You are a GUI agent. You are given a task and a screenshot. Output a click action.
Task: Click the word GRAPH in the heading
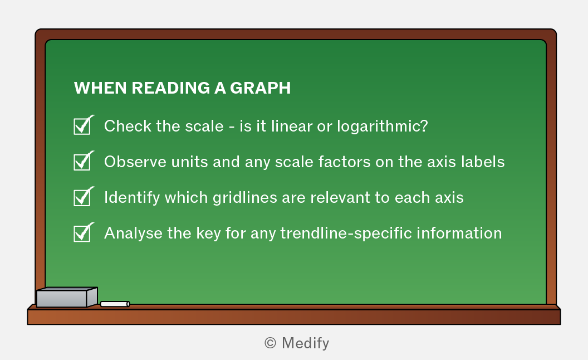tap(260, 88)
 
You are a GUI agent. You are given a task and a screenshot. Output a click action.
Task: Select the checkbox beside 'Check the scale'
tap(82, 126)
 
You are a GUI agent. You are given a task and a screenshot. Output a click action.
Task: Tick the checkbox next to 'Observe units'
tap(82, 162)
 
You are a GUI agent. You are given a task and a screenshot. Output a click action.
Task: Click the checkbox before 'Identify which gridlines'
tap(82, 197)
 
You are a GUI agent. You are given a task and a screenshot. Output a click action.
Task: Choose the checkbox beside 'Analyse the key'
tap(82, 233)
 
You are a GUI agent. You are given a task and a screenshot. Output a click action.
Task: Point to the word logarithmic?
tap(383, 127)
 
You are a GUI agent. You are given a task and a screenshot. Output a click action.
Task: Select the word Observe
tap(135, 162)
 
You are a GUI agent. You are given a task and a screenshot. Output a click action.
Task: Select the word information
tap(459, 233)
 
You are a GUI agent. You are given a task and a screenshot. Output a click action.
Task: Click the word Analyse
tap(133, 233)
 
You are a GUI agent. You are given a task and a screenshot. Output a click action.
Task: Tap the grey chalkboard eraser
tap(67, 297)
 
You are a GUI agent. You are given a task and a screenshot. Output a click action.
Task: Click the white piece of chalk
tap(115, 304)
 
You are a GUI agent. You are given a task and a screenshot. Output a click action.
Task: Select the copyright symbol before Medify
tap(271, 343)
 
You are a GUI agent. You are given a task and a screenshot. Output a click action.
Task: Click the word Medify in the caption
tap(305, 343)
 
